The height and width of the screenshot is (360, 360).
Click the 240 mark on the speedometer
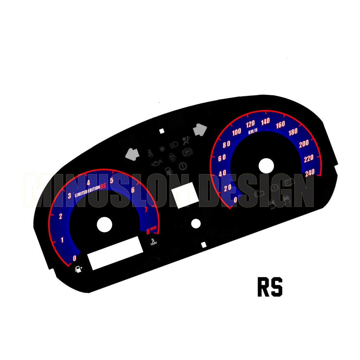(309, 173)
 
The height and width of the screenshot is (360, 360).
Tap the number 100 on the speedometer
(237, 132)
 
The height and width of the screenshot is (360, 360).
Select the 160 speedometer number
(280, 125)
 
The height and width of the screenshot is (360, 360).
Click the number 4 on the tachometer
(88, 182)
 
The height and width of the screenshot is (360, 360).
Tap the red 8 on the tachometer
(148, 231)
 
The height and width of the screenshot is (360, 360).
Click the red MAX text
(153, 229)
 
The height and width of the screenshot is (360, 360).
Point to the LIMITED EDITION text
(87, 189)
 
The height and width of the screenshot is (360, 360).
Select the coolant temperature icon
(153, 242)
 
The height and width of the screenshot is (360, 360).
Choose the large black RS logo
(270, 287)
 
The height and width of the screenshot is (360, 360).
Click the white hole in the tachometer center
(104, 225)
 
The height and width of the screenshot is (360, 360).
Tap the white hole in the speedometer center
(266, 165)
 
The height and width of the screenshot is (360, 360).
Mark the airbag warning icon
(186, 141)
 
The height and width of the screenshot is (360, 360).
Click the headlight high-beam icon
(174, 144)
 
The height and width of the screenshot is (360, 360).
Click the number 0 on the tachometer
(75, 258)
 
